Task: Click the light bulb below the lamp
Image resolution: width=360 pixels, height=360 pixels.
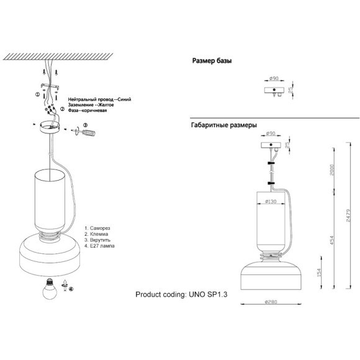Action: (50, 289)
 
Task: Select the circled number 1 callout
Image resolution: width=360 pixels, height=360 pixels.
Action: (37, 94)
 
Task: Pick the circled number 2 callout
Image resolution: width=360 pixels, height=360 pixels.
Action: (63, 109)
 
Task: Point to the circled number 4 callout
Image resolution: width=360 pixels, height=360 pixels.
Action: (71, 289)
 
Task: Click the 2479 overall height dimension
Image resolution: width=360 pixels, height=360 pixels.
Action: (349, 215)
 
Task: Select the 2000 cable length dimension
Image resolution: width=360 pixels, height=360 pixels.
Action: (332, 169)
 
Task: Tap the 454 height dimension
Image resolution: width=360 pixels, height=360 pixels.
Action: (332, 240)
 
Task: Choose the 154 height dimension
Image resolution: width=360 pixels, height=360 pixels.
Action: (319, 272)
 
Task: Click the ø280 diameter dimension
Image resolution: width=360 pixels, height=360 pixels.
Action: (271, 302)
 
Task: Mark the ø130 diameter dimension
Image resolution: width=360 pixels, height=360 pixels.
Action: (271, 201)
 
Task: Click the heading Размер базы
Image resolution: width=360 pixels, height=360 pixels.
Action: (212, 61)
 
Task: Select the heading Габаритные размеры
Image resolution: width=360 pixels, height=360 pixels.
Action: (224, 125)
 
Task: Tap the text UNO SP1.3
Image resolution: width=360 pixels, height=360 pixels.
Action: (208, 294)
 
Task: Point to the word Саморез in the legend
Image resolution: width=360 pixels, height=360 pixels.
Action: (100, 228)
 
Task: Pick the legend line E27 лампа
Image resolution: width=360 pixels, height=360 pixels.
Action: (99, 246)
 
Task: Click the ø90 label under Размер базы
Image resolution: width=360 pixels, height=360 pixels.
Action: (274, 78)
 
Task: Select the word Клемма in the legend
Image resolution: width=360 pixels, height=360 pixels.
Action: (99, 234)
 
